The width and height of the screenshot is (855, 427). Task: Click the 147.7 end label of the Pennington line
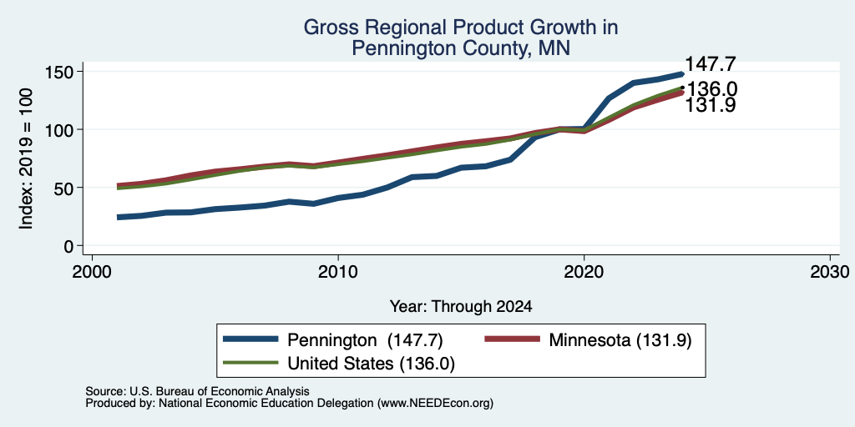tap(710, 63)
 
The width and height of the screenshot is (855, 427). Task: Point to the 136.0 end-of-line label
tap(711, 88)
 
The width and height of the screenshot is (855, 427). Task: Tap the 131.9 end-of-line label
tap(710, 105)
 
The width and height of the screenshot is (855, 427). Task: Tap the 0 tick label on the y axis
tap(69, 246)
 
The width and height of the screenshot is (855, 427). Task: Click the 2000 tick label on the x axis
tap(92, 271)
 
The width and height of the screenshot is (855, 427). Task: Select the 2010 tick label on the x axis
tap(338, 271)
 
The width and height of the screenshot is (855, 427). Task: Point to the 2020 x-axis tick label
tap(584, 271)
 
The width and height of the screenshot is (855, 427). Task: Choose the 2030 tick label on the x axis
tap(829, 271)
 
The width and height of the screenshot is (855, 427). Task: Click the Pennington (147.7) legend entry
tap(365, 340)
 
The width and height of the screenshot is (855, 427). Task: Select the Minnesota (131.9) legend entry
tap(620, 340)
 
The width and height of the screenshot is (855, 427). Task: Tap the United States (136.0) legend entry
tap(372, 364)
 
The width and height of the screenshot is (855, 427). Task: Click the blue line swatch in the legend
tap(250, 340)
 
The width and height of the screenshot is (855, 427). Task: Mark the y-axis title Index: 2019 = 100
tap(26, 158)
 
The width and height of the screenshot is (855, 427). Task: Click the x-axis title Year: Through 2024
tap(461, 307)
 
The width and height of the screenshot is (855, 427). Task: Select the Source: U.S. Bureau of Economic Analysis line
tap(197, 391)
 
